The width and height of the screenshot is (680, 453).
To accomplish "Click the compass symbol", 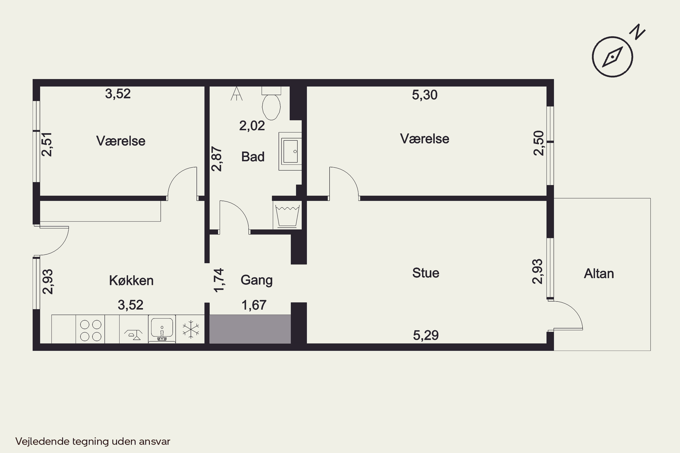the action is tap(612, 57).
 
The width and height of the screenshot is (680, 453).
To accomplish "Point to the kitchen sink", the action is tap(162, 329).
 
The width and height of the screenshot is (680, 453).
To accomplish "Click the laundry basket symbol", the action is tap(287, 215).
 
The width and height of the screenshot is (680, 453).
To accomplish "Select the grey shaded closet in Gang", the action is tap(250, 329).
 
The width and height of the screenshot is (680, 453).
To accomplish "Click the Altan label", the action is tap(599, 274).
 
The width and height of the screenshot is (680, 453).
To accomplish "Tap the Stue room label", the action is tap(426, 273).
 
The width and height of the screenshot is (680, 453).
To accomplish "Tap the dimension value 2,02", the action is tap(252, 126).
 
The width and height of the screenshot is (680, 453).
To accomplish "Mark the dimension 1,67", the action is tap(254, 305).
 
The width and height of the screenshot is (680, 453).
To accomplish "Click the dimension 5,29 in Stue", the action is tap(426, 335).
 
